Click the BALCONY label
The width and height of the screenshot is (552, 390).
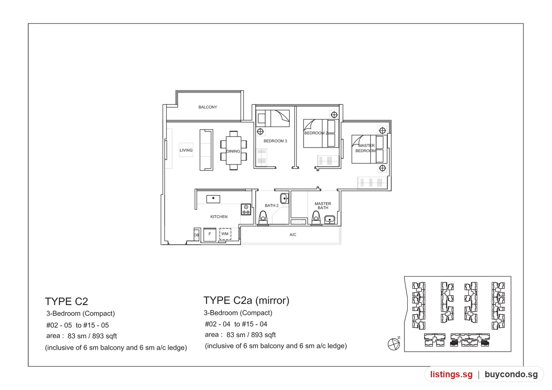click(208, 107)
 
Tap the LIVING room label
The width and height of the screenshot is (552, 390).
click(186, 150)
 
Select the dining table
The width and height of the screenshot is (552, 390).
click(233, 150)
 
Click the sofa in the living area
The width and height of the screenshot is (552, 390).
click(206, 150)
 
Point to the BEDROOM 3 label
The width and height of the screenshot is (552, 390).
click(275, 141)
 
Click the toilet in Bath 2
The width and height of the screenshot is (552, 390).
click(263, 218)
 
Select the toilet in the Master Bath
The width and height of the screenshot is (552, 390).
click(316, 218)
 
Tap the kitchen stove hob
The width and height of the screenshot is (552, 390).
click(246, 209)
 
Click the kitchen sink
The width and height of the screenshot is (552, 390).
click(213, 199)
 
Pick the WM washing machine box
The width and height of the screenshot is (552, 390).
click(225, 234)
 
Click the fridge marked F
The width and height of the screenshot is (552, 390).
click(210, 234)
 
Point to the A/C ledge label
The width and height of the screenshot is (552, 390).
click(293, 235)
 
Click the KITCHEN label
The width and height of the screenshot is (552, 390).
click(219, 217)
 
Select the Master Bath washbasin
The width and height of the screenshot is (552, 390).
click(329, 219)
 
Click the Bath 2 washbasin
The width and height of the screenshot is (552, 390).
click(284, 198)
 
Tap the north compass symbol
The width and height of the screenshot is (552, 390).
click(394, 344)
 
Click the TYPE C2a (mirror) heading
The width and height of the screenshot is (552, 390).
click(246, 300)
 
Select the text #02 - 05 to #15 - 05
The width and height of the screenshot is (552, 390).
click(77, 325)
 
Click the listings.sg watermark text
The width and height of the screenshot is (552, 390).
click(451, 374)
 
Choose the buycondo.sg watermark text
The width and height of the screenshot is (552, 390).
click(511, 374)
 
